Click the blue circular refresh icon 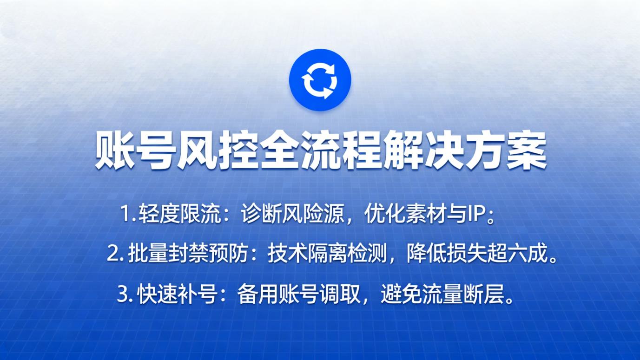click(x=320, y=80)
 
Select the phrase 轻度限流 click(x=178, y=215)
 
